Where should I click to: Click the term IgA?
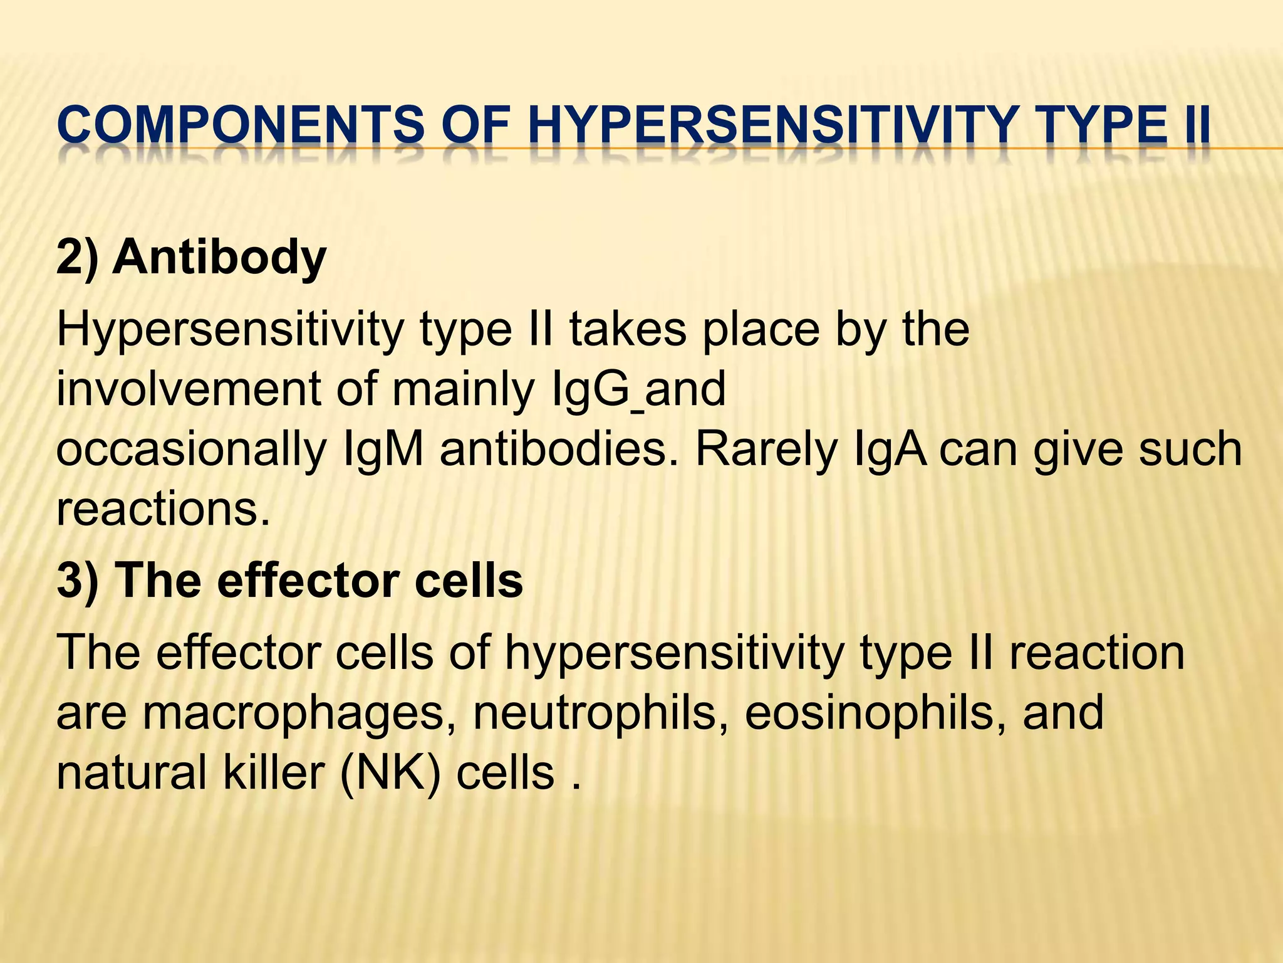pyautogui.click(x=890, y=450)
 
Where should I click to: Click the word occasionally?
pyautogui.click(x=191, y=450)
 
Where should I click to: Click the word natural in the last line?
pyautogui.click(x=131, y=773)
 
